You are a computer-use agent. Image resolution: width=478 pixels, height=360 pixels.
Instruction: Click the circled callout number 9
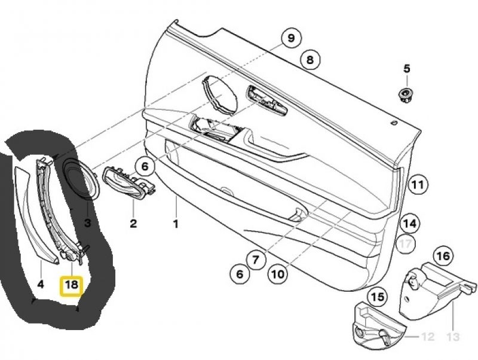291,38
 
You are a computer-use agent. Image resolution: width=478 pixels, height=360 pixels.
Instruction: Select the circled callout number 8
310,59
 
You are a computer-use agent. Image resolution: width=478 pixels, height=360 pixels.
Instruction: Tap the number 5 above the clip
407,69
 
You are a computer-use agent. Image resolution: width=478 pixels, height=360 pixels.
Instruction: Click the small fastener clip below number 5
406,95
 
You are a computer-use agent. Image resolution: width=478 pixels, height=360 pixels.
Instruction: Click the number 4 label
41,284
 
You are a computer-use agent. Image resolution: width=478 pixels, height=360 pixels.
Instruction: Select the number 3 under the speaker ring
87,222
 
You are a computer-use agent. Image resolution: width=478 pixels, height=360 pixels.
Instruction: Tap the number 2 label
133,223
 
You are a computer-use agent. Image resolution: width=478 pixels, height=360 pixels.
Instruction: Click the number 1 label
176,224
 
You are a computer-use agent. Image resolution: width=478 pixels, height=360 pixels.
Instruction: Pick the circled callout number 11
418,184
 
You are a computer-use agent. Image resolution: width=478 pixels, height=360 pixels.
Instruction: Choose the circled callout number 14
410,223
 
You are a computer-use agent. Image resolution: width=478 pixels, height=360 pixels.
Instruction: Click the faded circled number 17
406,243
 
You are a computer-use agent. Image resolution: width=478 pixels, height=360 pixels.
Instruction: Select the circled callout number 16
443,256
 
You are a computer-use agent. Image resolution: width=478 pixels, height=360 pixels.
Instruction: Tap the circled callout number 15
378,297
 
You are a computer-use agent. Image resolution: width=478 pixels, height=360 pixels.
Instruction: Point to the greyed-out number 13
453,337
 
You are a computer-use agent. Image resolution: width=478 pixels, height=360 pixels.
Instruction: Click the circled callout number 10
277,274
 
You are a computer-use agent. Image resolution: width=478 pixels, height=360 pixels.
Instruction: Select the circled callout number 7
256,260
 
